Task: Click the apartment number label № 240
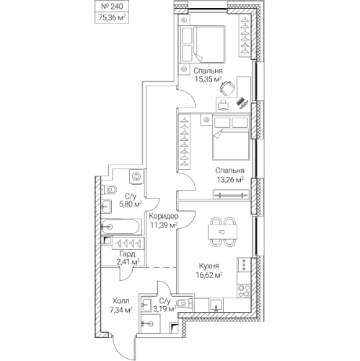(x=112, y=6)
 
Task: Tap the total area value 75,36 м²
(x=112, y=18)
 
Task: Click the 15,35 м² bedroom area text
(x=208, y=79)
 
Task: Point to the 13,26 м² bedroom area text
(x=230, y=180)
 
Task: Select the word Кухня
(x=209, y=266)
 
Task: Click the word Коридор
(x=164, y=216)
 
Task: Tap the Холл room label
(x=121, y=301)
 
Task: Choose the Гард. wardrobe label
(x=128, y=253)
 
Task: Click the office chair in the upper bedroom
(x=227, y=88)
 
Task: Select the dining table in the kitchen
(x=222, y=232)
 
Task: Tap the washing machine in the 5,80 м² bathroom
(x=136, y=176)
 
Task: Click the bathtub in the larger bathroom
(x=120, y=227)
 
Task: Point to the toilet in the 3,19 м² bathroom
(x=184, y=303)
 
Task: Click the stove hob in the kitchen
(x=244, y=291)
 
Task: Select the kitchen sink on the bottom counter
(x=216, y=305)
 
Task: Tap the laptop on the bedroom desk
(x=242, y=103)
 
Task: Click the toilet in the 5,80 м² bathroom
(x=109, y=190)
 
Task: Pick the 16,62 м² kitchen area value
(x=209, y=275)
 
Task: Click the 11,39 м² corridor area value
(x=164, y=225)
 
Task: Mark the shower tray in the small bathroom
(x=150, y=323)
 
